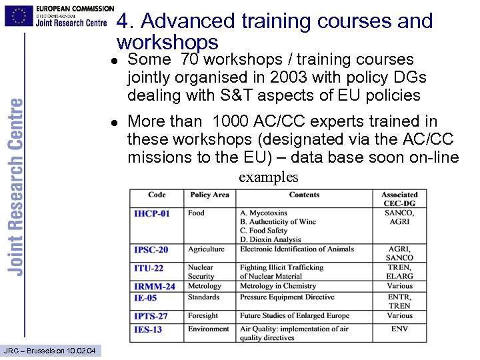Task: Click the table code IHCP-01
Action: [151, 213]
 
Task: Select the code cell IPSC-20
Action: [151, 250]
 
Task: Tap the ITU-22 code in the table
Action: [148, 268]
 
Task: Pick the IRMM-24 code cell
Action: [154, 287]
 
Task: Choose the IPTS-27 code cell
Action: [151, 316]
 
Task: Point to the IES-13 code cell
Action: [147, 329]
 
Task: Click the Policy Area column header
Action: [209, 195]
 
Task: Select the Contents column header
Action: [304, 195]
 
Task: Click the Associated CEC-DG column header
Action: [399, 199]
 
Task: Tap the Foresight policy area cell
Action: [203, 315]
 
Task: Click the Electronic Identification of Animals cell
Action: [297, 249]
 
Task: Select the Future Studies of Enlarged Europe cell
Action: [294, 315]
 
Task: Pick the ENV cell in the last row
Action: [399, 329]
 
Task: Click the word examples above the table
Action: [269, 177]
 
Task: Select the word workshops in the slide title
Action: [167, 43]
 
